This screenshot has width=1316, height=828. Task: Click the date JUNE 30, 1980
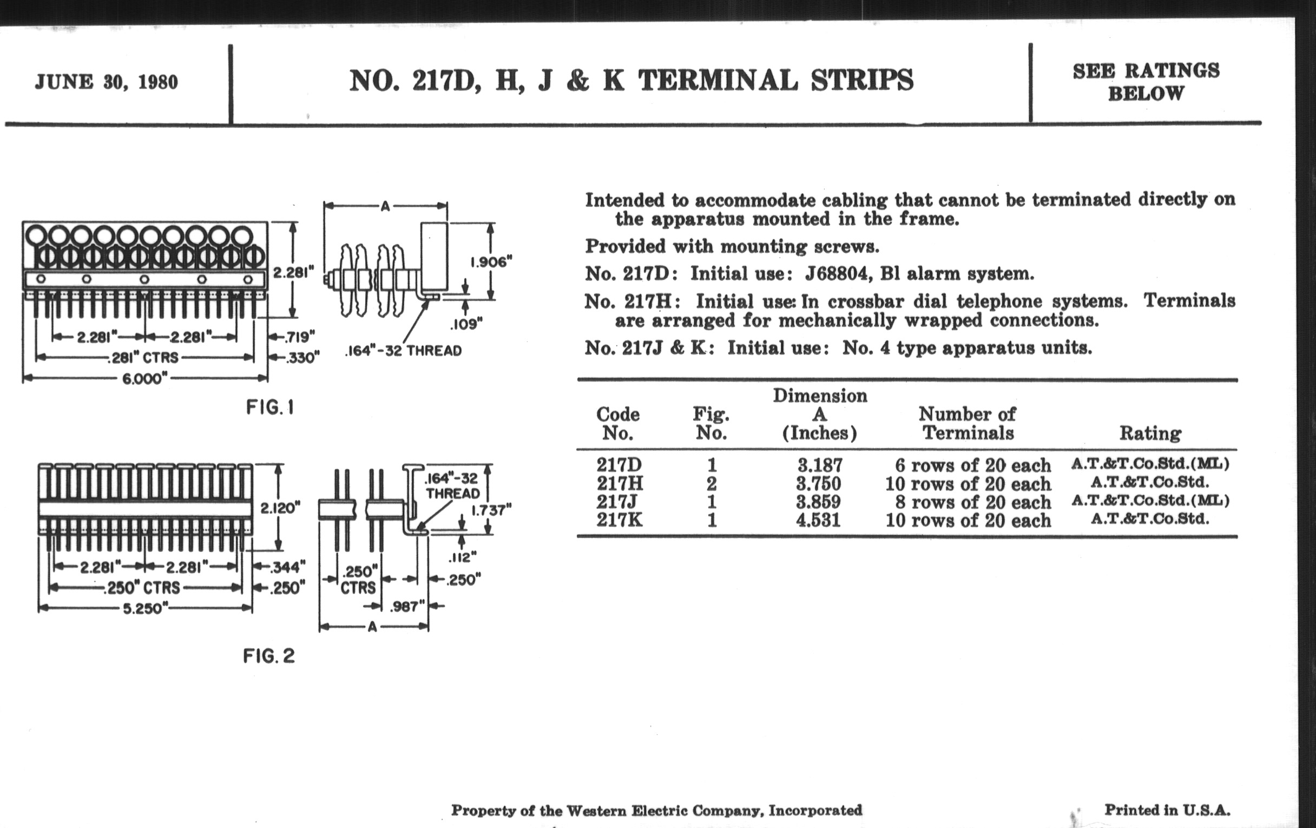click(106, 82)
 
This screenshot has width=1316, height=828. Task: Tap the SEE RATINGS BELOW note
click(1146, 82)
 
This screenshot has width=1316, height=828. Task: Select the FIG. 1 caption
click(270, 407)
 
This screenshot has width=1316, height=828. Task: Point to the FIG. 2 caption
click(269, 656)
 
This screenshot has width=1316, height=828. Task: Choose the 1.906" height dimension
click(491, 262)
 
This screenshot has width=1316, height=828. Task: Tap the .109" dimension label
click(466, 324)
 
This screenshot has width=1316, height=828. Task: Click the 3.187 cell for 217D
click(820, 465)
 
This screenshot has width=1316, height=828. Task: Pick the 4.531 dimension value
click(818, 520)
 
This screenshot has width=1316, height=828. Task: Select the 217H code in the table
click(620, 483)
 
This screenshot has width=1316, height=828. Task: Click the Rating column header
click(1150, 433)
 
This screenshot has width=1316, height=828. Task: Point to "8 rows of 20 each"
click(973, 502)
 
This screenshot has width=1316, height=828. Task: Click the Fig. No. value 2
click(711, 484)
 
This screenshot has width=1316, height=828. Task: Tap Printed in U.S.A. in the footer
click(1167, 810)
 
